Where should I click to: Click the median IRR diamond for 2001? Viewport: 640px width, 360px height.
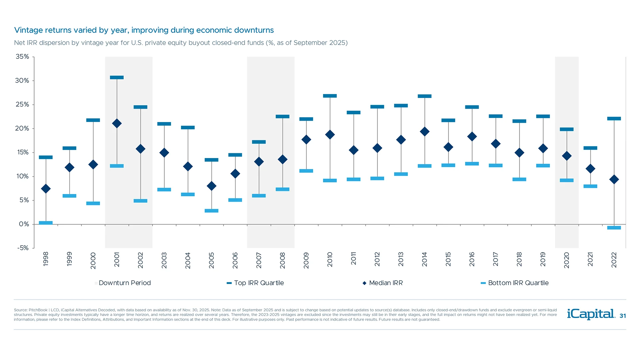(x=117, y=124)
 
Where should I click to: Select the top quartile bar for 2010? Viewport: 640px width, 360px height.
(x=330, y=96)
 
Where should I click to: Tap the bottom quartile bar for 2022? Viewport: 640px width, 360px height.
(x=614, y=228)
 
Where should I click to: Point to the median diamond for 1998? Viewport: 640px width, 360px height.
(x=46, y=189)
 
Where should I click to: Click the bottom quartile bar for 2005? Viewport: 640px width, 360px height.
(x=211, y=211)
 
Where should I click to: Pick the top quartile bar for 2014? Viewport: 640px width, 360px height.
(x=425, y=96)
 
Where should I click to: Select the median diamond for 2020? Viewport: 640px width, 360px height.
(x=567, y=156)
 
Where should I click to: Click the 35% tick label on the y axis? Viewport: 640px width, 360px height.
(x=22, y=57)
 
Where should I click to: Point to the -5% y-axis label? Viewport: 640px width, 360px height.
(x=23, y=248)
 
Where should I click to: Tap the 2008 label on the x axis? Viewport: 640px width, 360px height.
(x=283, y=260)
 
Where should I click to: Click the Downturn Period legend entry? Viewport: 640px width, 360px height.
(x=124, y=283)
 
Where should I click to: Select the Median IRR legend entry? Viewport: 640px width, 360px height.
(x=386, y=283)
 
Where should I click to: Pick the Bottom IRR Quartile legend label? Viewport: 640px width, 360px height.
(x=518, y=283)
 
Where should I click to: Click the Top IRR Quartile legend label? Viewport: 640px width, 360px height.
(x=259, y=283)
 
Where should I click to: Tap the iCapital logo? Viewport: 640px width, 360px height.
(x=591, y=314)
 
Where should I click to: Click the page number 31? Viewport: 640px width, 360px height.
(x=623, y=316)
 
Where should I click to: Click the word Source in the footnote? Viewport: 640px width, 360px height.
(x=20, y=310)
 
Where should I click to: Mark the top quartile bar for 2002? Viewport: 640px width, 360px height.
(x=140, y=107)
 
